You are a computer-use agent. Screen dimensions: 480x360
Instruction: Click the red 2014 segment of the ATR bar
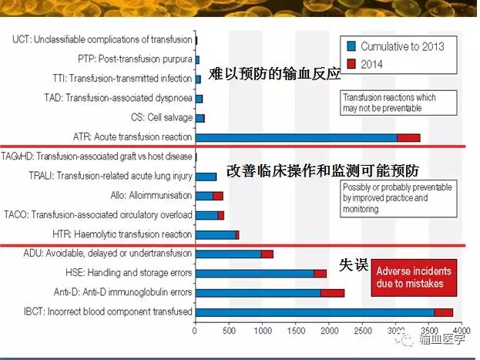pyautogui.click(x=408, y=138)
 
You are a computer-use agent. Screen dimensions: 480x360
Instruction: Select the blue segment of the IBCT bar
pyautogui.click(x=315, y=312)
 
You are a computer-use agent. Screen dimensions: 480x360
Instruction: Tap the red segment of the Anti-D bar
pyautogui.click(x=332, y=293)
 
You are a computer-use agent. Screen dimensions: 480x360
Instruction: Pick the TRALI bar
pyautogui.click(x=206, y=177)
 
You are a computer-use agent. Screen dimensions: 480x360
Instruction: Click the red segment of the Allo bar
pyautogui.click(x=218, y=196)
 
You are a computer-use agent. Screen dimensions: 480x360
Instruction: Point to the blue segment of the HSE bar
pyautogui.click(x=255, y=274)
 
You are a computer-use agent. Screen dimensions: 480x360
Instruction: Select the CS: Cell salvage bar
pyautogui.click(x=200, y=119)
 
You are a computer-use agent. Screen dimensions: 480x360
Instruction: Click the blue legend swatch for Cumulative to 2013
pyautogui.click(x=351, y=46)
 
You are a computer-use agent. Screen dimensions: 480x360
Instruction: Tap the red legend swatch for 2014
pyautogui.click(x=351, y=64)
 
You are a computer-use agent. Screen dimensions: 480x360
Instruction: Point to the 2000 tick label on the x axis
pyautogui.click(x=329, y=331)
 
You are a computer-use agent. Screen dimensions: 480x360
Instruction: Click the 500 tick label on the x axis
pyautogui.click(x=229, y=331)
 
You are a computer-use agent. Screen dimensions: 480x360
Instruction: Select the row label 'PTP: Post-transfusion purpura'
pyautogui.click(x=135, y=59)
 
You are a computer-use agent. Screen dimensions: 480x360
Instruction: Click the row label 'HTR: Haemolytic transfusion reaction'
pyautogui.click(x=123, y=234)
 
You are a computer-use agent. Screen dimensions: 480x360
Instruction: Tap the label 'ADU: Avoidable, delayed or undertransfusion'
pyautogui.click(x=108, y=254)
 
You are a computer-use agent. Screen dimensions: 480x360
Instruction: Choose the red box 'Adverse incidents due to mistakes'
pyautogui.click(x=414, y=278)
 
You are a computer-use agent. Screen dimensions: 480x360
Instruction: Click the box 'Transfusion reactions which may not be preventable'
pyautogui.click(x=398, y=103)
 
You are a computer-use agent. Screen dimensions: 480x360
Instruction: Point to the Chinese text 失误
pyautogui.click(x=354, y=264)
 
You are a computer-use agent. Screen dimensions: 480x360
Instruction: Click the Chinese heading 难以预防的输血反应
pyautogui.click(x=274, y=74)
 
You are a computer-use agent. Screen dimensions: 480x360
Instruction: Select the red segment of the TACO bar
pyautogui.click(x=220, y=216)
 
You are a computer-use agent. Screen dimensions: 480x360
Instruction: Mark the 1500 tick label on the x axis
pyautogui.click(x=295, y=331)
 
